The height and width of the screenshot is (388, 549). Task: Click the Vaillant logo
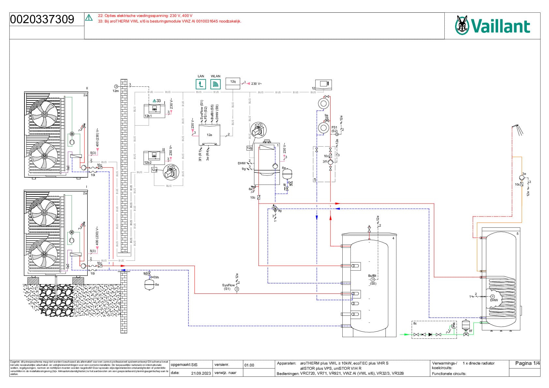492,26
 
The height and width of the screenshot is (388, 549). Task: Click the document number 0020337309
42,20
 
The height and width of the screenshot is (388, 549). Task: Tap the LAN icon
200,84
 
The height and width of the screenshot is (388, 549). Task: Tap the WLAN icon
215,84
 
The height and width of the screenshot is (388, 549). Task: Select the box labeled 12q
233,83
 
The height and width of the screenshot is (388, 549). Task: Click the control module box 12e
209,135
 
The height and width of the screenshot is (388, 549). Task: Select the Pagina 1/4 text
527,363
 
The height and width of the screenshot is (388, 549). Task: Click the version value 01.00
249,365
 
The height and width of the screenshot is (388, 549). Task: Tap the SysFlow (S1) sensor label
229,287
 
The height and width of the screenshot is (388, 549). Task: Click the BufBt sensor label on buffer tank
372,276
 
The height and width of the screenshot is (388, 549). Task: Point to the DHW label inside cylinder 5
494,300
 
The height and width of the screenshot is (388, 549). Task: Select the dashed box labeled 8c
434,330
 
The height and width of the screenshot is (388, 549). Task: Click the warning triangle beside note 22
89,18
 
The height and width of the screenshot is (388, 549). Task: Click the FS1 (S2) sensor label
334,129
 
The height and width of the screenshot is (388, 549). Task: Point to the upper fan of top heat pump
44,114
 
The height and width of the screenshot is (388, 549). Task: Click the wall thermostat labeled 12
323,84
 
